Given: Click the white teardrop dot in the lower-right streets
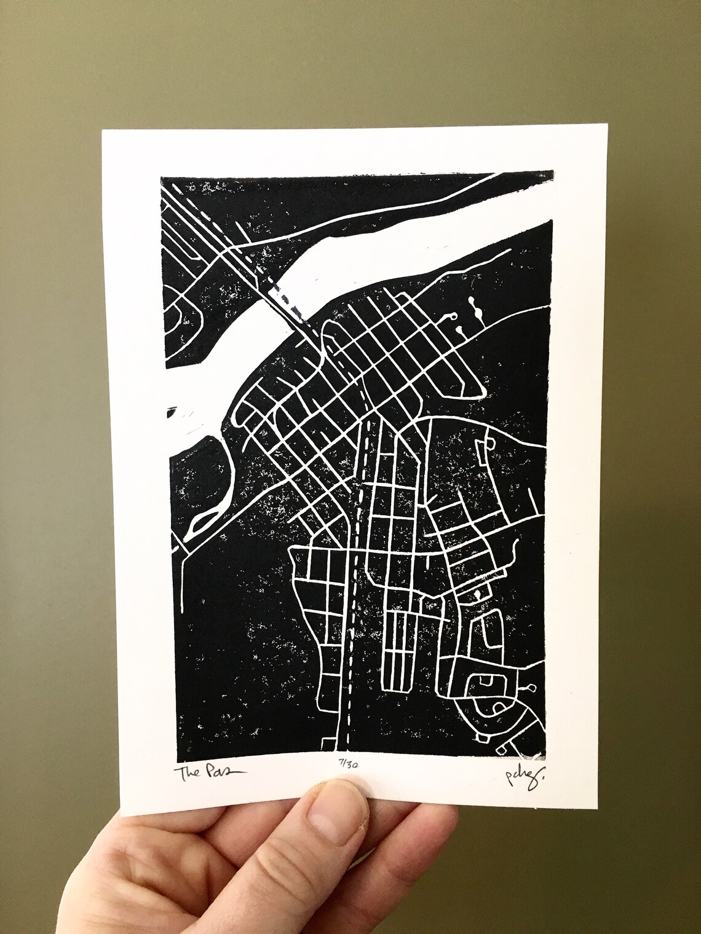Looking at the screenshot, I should coord(476,594).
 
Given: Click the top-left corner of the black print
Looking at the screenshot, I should coord(160,177).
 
